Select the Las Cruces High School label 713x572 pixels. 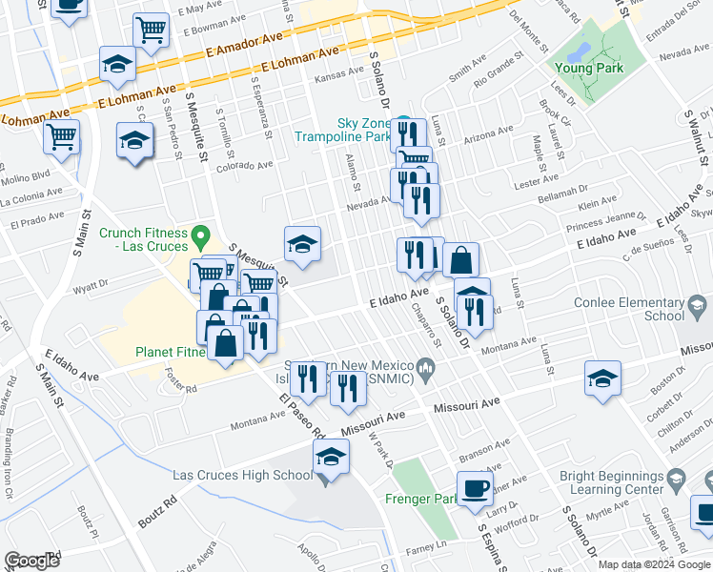(242, 475)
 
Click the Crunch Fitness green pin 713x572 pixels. (200, 234)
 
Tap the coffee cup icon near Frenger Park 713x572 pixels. (474, 489)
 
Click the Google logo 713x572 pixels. (32, 561)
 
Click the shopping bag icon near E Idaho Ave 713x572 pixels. (460, 259)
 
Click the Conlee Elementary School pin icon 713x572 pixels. (698, 306)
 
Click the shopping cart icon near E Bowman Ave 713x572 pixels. (150, 30)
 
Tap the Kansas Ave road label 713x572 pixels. (340, 71)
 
